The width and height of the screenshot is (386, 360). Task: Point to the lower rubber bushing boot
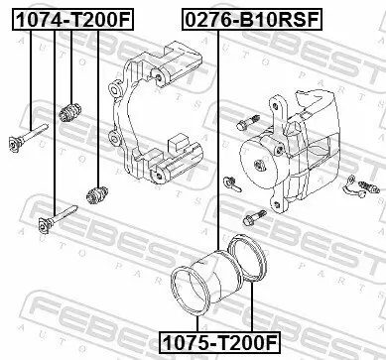96,190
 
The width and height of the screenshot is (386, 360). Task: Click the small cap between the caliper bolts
230,182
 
